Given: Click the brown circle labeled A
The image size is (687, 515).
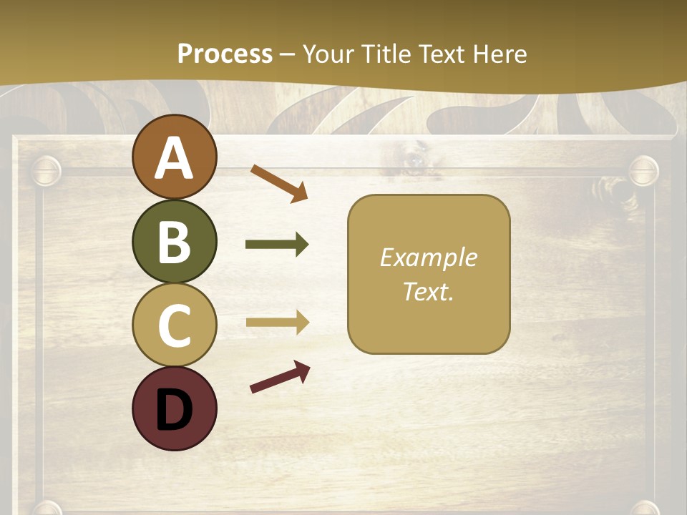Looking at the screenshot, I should pos(174,157).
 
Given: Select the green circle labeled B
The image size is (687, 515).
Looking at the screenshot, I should pos(174,241).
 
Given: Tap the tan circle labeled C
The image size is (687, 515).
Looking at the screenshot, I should pos(174,325).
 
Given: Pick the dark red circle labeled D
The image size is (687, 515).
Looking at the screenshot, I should pos(174,408).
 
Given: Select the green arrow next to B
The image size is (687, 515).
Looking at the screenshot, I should pos(277,245).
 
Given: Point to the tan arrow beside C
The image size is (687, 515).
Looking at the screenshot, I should pos(277,322).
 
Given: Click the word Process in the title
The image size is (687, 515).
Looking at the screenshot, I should pos(225,54).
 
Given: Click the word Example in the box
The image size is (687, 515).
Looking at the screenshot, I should pos(428,257).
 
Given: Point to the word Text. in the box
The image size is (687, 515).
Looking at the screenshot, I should pos(428,291).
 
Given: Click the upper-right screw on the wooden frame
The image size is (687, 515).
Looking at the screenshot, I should pos(643,170).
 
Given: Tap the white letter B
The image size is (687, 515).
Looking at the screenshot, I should pos(174,242).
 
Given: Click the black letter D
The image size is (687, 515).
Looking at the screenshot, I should pos(174,409).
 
